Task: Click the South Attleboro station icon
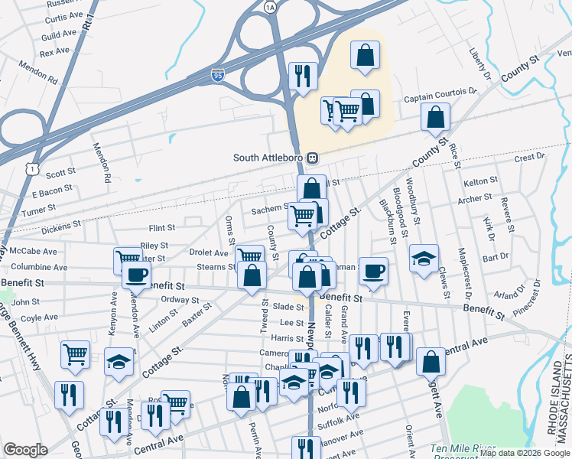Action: click(312, 158)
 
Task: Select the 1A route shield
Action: click(269, 7)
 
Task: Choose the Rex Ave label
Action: click(54, 53)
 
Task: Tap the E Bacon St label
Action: click(53, 187)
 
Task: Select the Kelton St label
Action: click(480, 181)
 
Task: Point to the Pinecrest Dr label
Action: click(527, 298)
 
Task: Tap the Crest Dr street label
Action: click(529, 157)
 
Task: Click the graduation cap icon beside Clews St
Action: click(424, 258)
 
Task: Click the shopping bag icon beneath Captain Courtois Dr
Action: click(435, 116)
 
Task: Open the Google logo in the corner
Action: click(26, 450)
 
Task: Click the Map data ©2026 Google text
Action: click(525, 454)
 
